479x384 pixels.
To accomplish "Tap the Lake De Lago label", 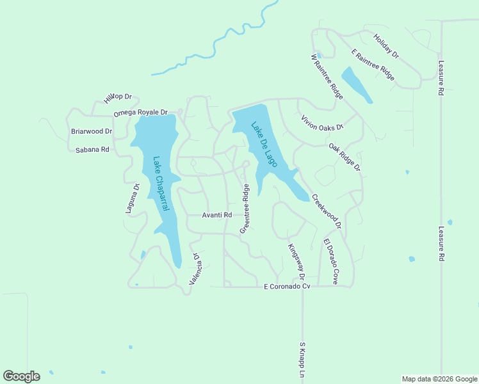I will (x=264, y=145).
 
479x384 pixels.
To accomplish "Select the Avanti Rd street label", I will (x=216, y=216).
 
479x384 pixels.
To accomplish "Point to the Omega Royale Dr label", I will (x=140, y=113).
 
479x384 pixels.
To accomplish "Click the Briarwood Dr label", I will (x=92, y=132).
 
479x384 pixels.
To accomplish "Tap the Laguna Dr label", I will (x=133, y=198).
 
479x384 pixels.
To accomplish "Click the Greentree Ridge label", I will (x=244, y=209).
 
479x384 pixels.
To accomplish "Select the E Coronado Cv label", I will (x=287, y=286).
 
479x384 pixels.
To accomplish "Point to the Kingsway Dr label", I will (x=295, y=263).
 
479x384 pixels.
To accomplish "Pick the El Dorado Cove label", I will (x=330, y=261).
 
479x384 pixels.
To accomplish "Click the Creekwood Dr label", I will (x=327, y=211).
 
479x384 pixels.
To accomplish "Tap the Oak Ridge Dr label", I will (x=345, y=157).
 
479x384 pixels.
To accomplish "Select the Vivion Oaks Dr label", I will (x=322, y=122).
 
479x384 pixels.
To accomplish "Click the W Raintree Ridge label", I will (x=327, y=76).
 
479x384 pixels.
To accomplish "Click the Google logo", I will (x=21, y=376).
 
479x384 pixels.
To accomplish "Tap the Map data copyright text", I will (x=439, y=379).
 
